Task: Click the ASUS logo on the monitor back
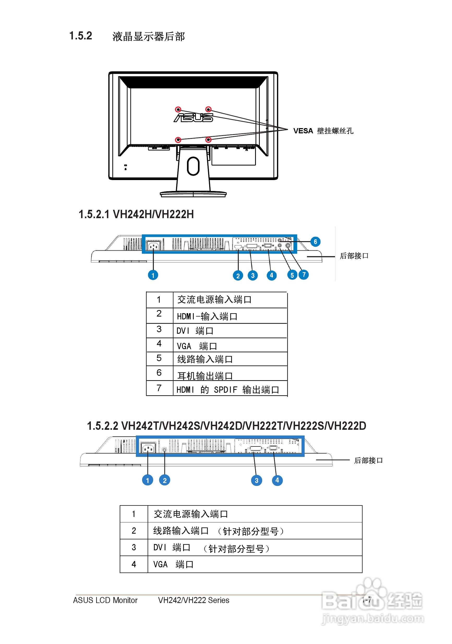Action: [x=193, y=117]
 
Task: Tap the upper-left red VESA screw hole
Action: [x=178, y=109]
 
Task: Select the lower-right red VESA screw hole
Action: [x=208, y=140]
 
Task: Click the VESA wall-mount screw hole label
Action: [x=323, y=131]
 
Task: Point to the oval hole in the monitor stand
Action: [x=193, y=166]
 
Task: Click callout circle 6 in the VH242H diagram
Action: [x=315, y=242]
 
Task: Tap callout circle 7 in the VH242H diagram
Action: [x=304, y=275]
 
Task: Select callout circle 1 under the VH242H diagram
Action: [x=153, y=275]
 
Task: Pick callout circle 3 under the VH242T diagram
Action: [x=256, y=480]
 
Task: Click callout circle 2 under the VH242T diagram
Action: [x=165, y=480]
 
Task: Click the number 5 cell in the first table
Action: [x=159, y=358]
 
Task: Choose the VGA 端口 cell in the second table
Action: [x=255, y=564]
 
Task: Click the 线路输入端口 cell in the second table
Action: [x=255, y=531]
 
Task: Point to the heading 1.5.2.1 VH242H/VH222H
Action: [x=136, y=214]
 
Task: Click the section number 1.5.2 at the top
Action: [x=81, y=36]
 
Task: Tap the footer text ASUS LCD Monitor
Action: [x=105, y=600]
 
